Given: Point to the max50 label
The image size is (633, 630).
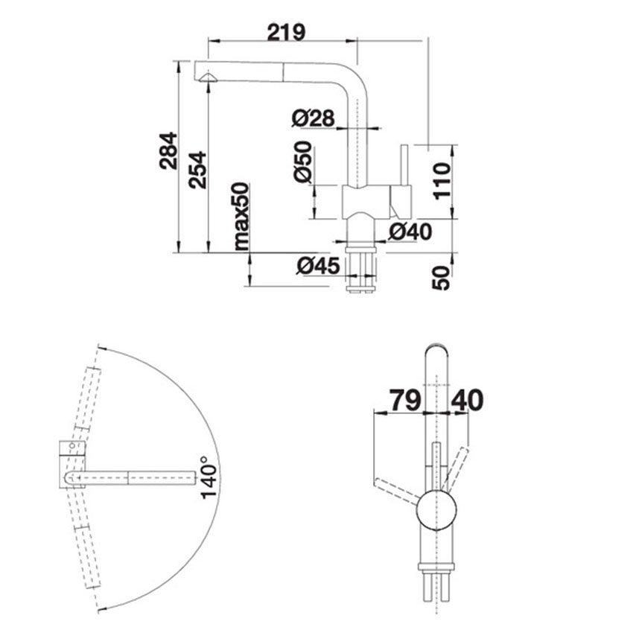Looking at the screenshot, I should pyautogui.click(x=240, y=216).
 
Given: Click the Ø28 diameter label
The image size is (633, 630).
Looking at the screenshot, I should pyautogui.click(x=313, y=117).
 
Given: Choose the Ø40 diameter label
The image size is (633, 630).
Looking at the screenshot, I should pyautogui.click(x=410, y=232).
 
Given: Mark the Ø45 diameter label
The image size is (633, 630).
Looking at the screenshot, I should pyautogui.click(x=318, y=265).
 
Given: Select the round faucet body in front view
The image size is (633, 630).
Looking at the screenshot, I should pyautogui.click(x=436, y=509).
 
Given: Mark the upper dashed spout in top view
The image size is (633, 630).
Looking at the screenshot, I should pyautogui.click(x=86, y=398).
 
